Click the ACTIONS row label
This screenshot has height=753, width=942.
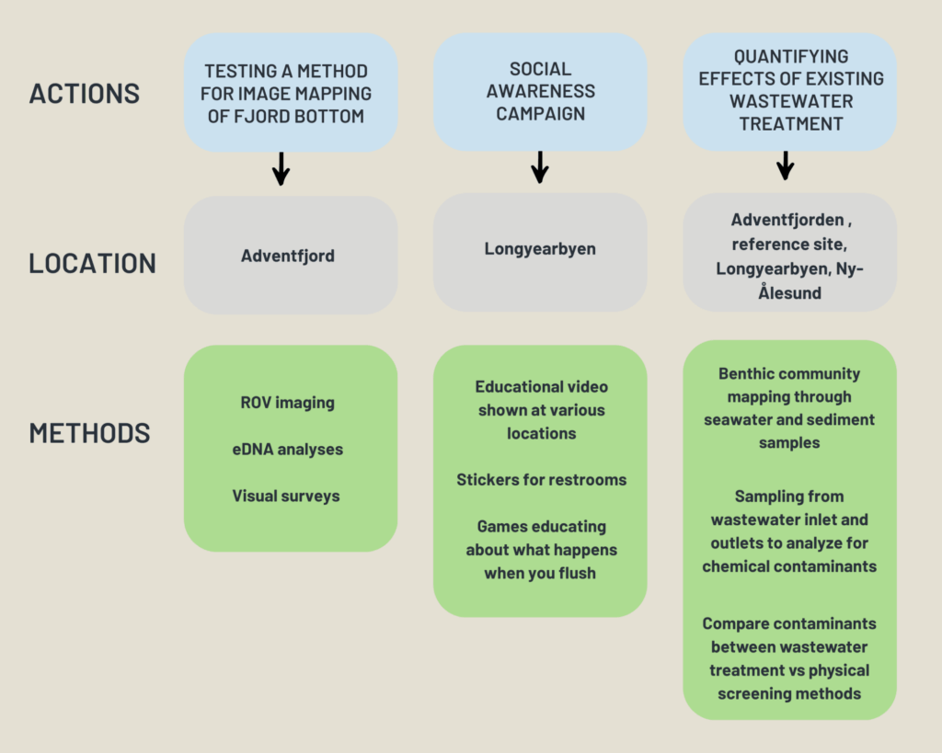tap(85, 94)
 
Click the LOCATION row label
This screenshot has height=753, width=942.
tap(92, 263)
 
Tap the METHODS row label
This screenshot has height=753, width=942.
tap(89, 433)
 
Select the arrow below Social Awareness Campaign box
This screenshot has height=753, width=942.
tap(540, 167)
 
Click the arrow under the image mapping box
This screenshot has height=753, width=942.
tap(281, 169)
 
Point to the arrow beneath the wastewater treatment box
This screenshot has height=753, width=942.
tap(785, 165)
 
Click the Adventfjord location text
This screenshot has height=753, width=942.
tap(288, 256)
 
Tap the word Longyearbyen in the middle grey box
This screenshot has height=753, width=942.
tap(539, 249)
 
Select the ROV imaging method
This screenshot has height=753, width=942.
tap(287, 402)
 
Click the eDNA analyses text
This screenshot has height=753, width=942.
tap(287, 450)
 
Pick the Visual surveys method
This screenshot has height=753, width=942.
tap(286, 496)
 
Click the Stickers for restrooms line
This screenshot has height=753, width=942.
tap(541, 479)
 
